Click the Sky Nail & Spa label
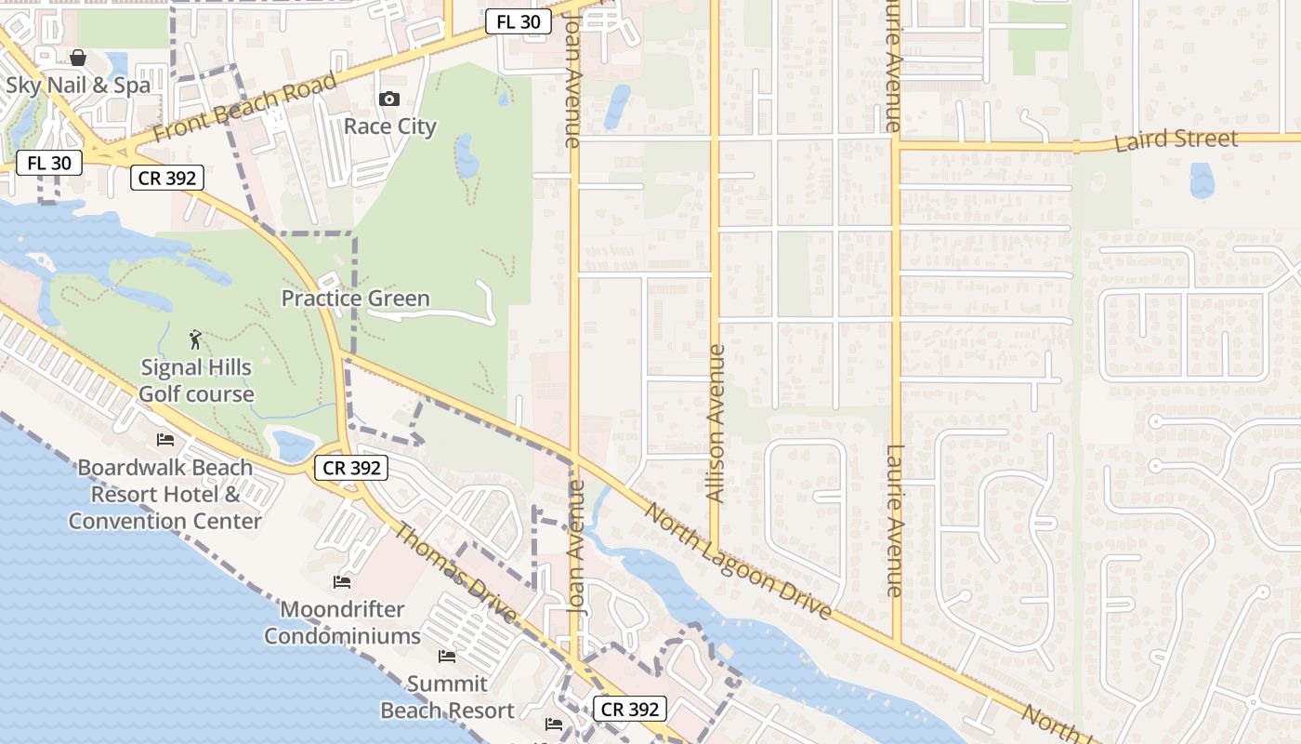(78, 86)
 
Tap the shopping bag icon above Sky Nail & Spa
(78, 58)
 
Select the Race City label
(390, 126)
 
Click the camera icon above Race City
(389, 100)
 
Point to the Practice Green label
(356, 299)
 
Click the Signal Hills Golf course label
(196, 380)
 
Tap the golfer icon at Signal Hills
(195, 339)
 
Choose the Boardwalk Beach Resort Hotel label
(165, 494)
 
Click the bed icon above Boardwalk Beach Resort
(165, 439)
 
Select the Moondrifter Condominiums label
(343, 623)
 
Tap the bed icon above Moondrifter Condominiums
(342, 582)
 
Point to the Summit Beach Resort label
(447, 697)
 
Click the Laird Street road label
(1176, 140)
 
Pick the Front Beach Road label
(244, 109)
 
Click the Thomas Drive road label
(456, 573)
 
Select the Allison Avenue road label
(716, 424)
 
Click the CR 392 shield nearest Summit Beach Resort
(630, 710)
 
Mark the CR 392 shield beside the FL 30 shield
(167, 178)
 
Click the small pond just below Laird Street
(1202, 180)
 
